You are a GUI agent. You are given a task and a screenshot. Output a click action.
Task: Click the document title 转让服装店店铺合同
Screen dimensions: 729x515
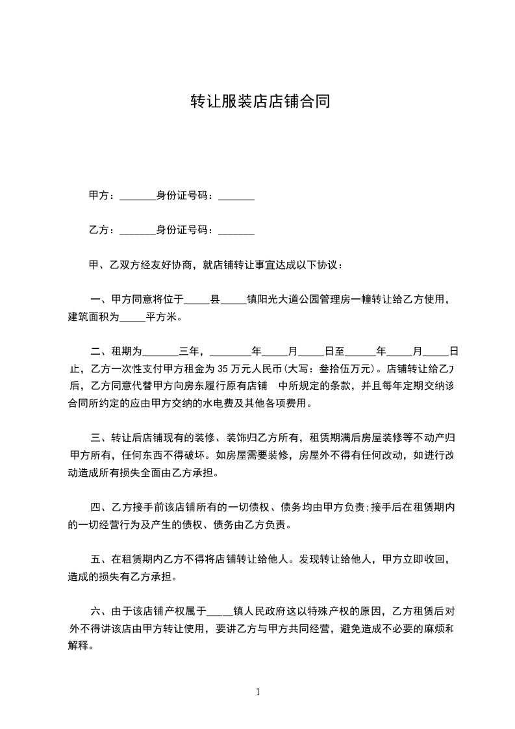[x=260, y=101]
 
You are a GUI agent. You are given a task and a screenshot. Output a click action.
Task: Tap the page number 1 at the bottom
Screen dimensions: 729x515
[x=258, y=693]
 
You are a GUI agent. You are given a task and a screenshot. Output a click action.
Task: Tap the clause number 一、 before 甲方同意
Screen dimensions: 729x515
[x=100, y=300]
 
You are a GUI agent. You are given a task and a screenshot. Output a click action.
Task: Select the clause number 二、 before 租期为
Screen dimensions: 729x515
[x=100, y=352]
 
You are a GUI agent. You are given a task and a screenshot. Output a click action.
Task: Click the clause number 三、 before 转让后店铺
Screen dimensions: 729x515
[x=100, y=437]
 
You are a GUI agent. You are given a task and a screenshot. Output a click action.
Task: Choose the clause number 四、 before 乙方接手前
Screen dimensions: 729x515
[x=100, y=506]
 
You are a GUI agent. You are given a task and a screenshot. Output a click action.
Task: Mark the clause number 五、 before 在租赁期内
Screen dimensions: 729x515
[x=100, y=558]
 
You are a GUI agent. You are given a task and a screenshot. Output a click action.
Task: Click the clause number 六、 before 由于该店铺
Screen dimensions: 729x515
[x=100, y=611]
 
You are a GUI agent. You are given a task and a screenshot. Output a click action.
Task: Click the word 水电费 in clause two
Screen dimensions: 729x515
[x=245, y=403]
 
